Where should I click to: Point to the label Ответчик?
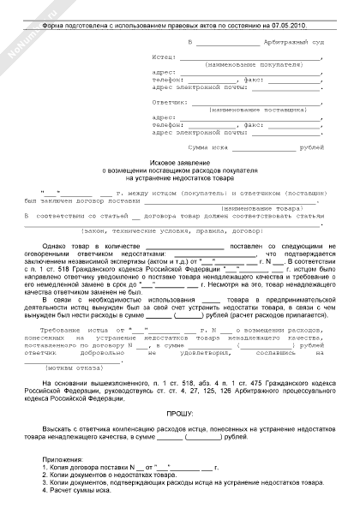click(x=169, y=102)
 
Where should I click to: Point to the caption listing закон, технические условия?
click(x=179, y=230)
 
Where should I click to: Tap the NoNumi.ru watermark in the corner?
click(x=21, y=21)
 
